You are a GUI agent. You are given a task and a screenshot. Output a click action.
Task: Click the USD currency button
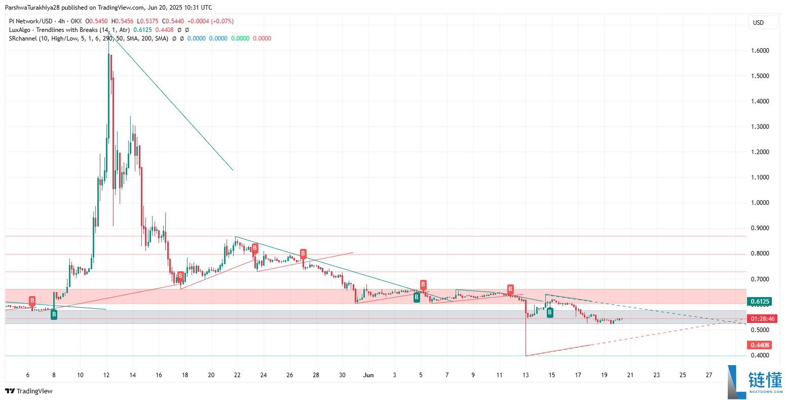tap(763, 22)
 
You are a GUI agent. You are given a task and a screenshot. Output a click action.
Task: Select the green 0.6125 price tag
tap(760, 302)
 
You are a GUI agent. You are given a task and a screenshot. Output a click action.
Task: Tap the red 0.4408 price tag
tap(760, 345)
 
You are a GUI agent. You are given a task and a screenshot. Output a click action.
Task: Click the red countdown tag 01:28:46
tap(762, 319)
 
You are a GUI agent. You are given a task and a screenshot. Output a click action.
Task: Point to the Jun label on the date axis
tap(368, 375)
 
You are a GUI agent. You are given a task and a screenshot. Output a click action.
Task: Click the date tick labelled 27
tap(709, 375)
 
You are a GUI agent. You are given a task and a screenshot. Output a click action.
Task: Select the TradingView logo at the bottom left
tap(29, 391)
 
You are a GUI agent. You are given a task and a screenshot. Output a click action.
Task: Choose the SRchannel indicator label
tap(23, 39)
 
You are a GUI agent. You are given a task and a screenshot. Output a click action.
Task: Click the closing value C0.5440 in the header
tap(171, 21)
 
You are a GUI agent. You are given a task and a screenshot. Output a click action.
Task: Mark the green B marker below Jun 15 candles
tap(550, 313)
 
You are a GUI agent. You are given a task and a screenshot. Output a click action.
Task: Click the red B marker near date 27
tap(303, 253)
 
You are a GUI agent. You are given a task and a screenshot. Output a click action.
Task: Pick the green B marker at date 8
tap(54, 315)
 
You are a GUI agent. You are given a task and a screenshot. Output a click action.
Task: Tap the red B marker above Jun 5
tap(423, 285)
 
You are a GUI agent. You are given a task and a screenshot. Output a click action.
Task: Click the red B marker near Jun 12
tap(510, 289)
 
